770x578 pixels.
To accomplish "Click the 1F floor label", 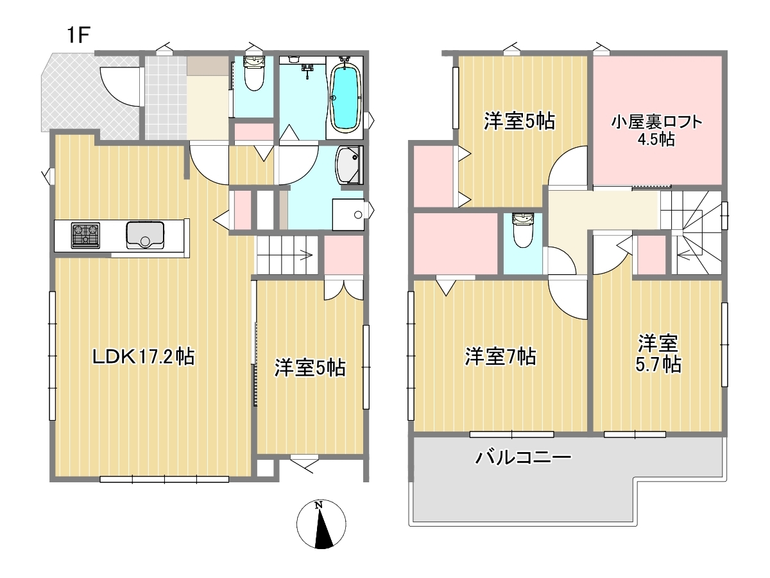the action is pos(78,35).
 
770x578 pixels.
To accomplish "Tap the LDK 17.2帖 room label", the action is pos(143,357).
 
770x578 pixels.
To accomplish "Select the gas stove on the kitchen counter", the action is pos(85,236).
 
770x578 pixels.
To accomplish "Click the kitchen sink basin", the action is pos(145,235).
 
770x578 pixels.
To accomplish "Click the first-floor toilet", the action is pos(254,74).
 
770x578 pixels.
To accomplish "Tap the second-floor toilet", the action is pos(523,230).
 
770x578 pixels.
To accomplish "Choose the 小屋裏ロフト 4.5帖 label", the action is pos(656,130).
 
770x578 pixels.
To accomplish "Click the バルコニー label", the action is pos(523,457).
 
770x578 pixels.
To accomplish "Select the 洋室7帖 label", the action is pos(501,356).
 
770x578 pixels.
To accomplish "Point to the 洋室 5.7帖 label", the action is pos(658,353).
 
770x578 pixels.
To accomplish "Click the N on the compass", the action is pos(318,505).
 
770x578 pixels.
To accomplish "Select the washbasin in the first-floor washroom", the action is pos(348,165).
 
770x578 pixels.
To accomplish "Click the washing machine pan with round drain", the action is pos(348,215).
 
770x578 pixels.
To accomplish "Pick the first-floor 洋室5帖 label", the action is pos(310,368).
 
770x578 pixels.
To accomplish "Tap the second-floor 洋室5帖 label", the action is pos(519,121).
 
